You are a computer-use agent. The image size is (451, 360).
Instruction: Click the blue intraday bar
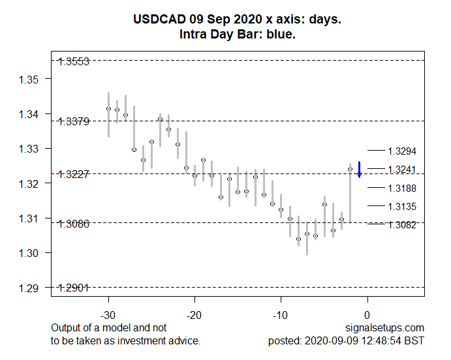point(360,169)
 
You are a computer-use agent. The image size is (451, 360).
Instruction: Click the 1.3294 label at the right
point(401,151)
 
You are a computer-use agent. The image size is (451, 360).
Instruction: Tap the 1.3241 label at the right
point(401,170)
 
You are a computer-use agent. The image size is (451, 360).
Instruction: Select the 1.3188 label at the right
point(401,188)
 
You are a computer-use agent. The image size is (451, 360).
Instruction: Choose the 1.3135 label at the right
point(401,207)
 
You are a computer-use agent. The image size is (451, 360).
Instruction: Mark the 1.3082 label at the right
point(401,225)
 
